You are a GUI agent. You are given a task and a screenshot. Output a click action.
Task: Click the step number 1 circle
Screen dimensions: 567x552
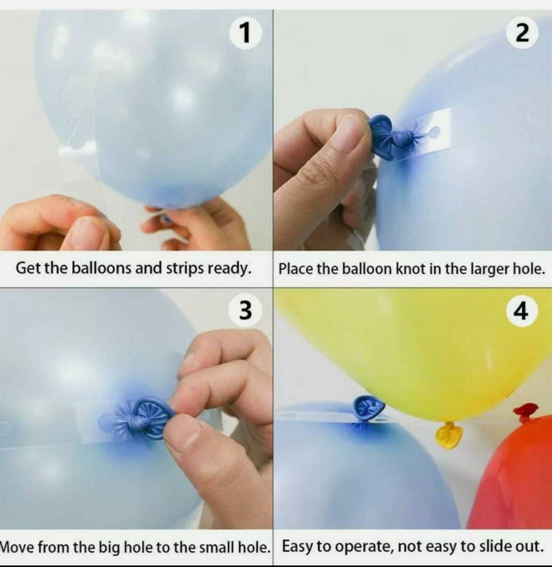(x=245, y=33)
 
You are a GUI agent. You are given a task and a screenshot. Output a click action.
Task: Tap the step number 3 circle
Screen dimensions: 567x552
(x=245, y=310)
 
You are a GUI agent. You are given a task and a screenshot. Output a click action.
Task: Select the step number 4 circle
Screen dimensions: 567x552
(x=522, y=310)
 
